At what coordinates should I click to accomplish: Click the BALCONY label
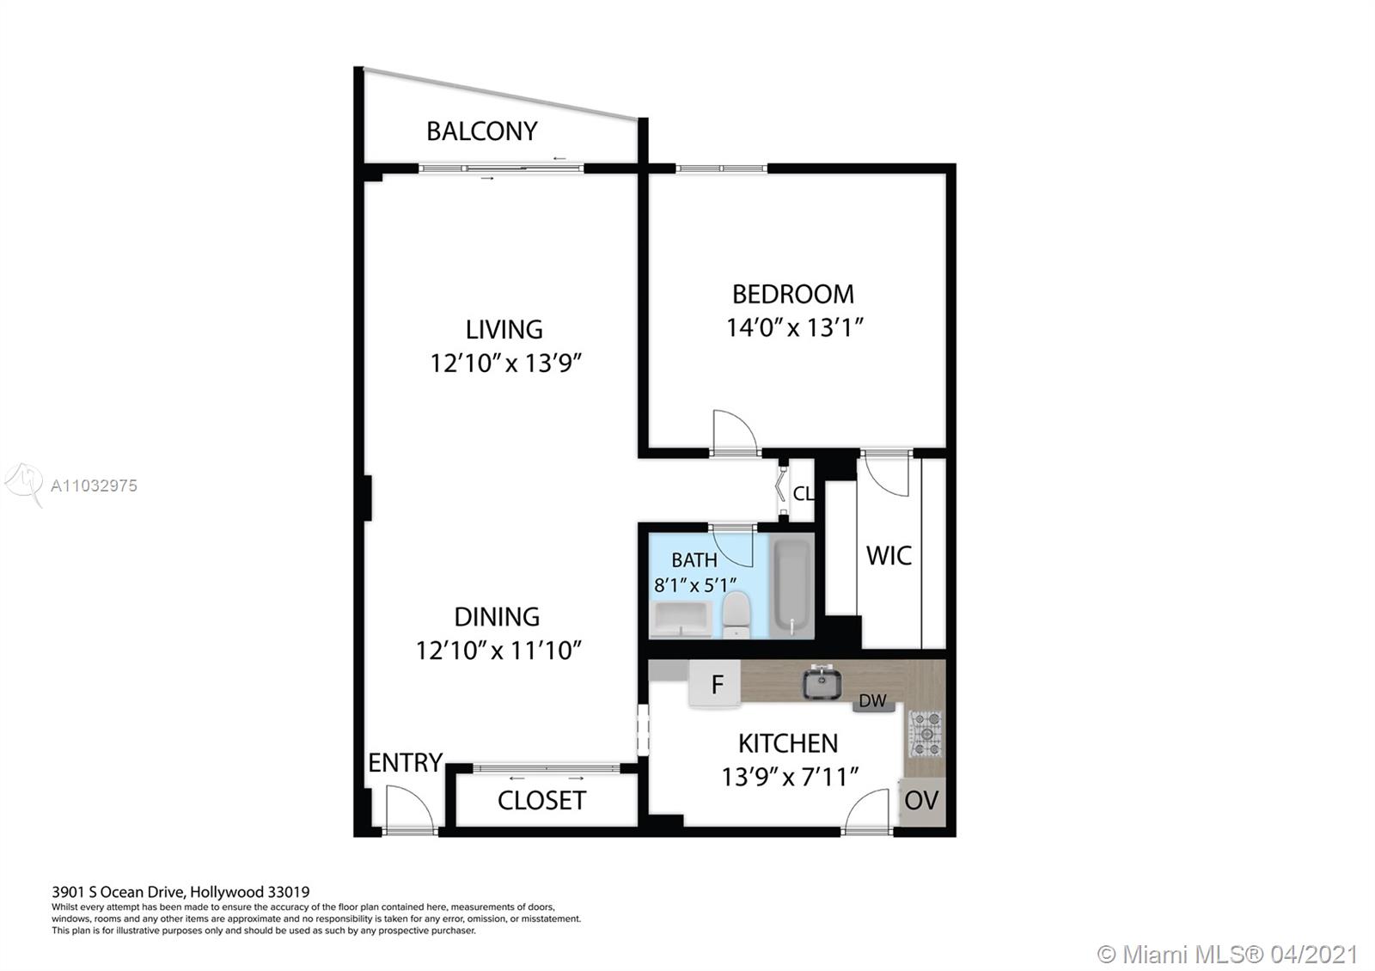click(482, 131)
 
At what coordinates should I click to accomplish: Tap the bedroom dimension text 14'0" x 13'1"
click(794, 327)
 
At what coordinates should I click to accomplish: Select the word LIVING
click(504, 330)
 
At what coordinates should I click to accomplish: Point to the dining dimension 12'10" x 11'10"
click(498, 650)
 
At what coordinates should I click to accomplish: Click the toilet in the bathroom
click(736, 615)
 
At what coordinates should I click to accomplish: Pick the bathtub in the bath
click(791, 586)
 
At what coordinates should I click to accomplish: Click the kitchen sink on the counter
click(822, 682)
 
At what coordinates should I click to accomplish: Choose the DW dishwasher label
click(872, 700)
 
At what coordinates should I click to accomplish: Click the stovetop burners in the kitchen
click(925, 734)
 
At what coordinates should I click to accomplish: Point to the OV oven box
click(922, 801)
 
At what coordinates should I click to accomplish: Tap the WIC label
click(889, 555)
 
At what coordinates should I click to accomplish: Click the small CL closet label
click(804, 493)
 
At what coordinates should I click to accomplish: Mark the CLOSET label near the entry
click(541, 800)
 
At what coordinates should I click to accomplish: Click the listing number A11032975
click(94, 485)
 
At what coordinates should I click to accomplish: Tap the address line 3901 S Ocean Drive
click(180, 892)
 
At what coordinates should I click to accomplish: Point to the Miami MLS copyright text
click(1226, 954)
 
